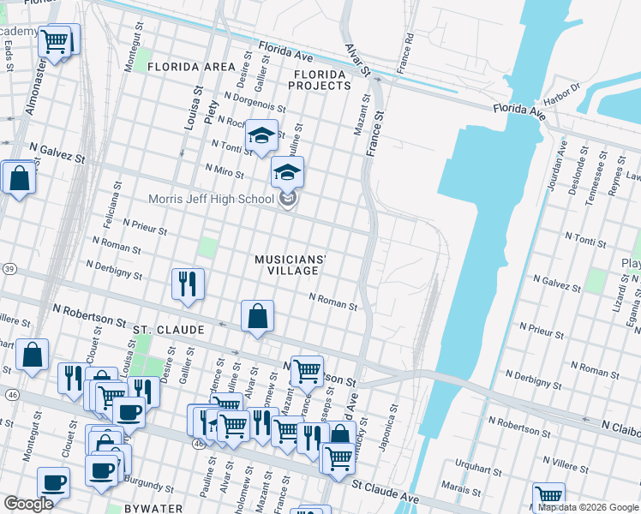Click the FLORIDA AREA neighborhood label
click(x=190, y=67)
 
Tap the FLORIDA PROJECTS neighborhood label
click(x=319, y=80)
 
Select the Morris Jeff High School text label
click(x=210, y=200)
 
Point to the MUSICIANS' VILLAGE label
click(x=291, y=265)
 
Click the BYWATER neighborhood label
click(x=152, y=508)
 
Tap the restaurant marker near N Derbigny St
click(x=188, y=284)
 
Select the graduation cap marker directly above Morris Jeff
click(x=288, y=172)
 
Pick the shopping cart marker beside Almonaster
click(x=55, y=40)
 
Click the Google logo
click(x=28, y=503)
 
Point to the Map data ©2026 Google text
click(x=587, y=507)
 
